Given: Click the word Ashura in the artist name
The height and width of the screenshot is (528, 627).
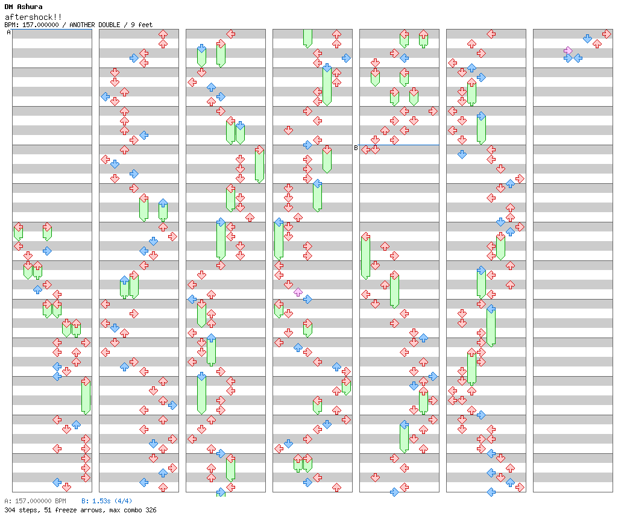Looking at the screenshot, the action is (x=30, y=7).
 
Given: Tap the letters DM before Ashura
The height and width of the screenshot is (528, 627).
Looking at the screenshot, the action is (x=8, y=7).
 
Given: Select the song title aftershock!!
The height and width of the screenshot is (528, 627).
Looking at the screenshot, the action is (x=33, y=17).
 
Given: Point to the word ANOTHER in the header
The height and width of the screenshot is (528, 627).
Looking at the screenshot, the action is (x=82, y=25).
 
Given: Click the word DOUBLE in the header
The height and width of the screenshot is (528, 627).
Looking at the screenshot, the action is (x=109, y=25).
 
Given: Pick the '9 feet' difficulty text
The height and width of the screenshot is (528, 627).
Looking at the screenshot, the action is (x=142, y=25).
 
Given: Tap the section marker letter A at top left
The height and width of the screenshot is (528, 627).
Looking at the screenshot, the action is (x=8, y=32).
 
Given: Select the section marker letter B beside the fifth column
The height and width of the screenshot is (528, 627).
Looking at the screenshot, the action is (x=356, y=148).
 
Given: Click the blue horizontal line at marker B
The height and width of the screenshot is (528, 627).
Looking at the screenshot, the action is (x=399, y=145).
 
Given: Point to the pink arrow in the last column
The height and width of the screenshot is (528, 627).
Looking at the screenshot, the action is (x=568, y=51).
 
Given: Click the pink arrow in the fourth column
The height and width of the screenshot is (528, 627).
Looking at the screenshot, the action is (x=298, y=292).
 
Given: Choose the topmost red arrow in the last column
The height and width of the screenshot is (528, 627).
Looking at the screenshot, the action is (x=607, y=34).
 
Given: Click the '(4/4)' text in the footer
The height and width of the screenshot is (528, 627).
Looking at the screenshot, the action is (x=123, y=501).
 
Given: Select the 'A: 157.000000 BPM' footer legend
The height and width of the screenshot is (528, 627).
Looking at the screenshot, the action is (x=35, y=501).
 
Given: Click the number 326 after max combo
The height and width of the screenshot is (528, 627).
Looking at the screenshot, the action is (x=151, y=510).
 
